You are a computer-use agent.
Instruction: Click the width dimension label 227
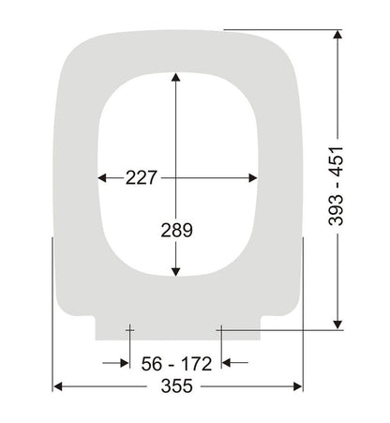(141, 177)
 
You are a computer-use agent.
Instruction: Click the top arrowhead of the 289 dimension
(175, 80)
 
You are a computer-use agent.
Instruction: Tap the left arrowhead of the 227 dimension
(103, 177)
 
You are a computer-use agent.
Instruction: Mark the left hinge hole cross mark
(129, 328)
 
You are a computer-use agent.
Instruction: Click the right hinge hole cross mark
(218, 328)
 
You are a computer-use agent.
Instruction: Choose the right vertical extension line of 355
(303, 310)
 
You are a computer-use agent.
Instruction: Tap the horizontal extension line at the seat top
(281, 30)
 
